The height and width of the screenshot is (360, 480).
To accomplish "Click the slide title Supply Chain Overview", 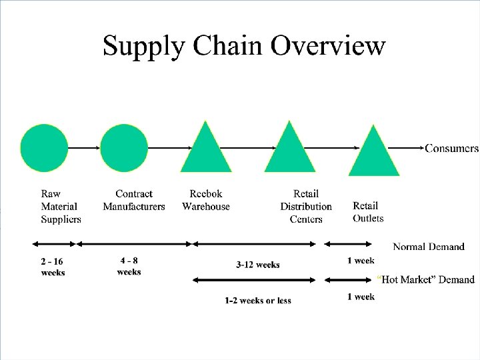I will tap(244, 46).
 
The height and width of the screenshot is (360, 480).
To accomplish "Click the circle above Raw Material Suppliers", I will tap(44, 148).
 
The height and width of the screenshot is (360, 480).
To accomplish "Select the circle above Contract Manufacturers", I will tap(124, 148).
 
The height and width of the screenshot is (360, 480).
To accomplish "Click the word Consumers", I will tap(451, 148).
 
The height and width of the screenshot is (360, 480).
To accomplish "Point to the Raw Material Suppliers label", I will tap(61, 206).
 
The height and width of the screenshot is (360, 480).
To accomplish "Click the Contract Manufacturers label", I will tap(134, 200).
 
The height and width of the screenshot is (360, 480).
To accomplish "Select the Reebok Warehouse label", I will tap(206, 200).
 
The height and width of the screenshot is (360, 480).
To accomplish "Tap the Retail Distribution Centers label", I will tap(306, 206).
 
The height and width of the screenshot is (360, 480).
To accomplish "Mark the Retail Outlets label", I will tap(368, 212).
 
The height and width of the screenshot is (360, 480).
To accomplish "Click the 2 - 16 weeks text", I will tap(53, 267).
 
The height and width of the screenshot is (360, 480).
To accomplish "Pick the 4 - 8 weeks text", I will tap(129, 266).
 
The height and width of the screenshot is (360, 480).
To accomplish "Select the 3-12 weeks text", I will tap(258, 265).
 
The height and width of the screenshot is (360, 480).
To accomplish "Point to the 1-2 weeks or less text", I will tap(258, 301).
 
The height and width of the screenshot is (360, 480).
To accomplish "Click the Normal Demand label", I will tap(429, 247).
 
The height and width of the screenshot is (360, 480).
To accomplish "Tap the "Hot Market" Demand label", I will tap(427, 279).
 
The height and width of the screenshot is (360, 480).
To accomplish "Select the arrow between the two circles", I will tap(84, 147).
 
